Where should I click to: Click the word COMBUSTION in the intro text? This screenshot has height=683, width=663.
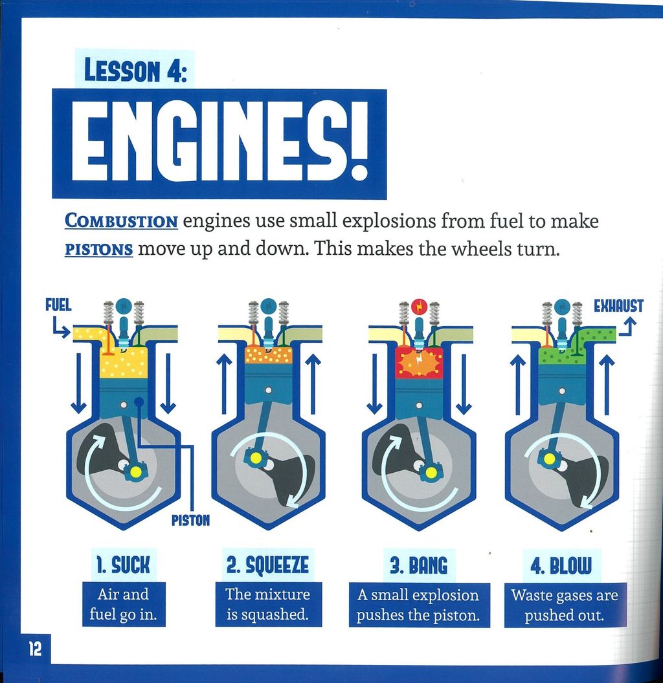coord(121,221)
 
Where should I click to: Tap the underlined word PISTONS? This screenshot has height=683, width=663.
coord(98,250)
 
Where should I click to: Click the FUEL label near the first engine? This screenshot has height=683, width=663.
coord(58,305)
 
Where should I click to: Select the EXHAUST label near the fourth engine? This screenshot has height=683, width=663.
coord(618,306)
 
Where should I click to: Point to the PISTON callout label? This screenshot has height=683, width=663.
coord(190,520)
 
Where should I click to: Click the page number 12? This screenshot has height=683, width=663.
coord(35,649)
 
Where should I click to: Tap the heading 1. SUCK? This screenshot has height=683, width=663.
coord(124,565)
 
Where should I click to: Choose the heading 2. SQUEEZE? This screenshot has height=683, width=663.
coord(267,565)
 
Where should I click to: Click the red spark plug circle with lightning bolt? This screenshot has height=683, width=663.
coord(420,307)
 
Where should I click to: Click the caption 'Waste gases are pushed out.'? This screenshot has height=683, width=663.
coord(565,605)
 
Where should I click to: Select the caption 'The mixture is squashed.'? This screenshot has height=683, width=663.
coord(268,604)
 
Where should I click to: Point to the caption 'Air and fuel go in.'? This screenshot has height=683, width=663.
coord(124,604)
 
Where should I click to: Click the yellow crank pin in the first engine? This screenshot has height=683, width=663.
coord(136,471)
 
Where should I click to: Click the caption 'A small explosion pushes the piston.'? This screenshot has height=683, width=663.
coord(418,605)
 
